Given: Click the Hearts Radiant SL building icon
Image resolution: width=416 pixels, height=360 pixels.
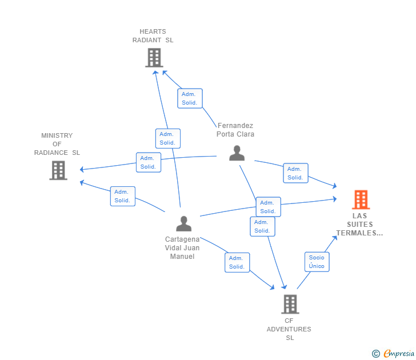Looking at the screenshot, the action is (154, 58).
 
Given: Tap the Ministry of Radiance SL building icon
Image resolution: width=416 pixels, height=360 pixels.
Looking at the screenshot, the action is (58, 170).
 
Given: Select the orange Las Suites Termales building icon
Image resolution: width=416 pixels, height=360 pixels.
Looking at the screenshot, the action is (360, 199).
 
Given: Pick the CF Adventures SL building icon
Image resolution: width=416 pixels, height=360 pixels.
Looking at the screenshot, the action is (290, 304).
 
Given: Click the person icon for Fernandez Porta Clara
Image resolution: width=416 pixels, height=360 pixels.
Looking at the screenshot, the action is (237, 153).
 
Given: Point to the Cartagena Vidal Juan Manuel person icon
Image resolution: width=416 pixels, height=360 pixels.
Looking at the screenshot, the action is (183, 223).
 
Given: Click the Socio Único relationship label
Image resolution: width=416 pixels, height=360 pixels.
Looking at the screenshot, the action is (317, 262).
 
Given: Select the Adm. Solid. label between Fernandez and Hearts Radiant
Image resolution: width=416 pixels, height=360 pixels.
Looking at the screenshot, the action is (190, 99).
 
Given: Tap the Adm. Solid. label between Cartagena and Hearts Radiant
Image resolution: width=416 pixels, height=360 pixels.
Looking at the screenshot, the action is (167, 138).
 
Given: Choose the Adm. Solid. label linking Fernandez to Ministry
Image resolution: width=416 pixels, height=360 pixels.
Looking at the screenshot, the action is (148, 162).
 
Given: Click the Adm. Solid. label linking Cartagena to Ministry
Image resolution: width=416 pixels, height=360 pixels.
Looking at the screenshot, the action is (122, 196).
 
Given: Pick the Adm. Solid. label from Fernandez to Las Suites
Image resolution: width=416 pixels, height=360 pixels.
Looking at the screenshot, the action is (295, 173).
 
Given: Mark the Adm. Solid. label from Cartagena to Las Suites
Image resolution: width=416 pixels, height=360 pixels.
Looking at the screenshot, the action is (268, 207).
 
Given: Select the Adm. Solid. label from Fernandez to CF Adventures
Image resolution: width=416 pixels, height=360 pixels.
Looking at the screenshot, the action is (262, 226).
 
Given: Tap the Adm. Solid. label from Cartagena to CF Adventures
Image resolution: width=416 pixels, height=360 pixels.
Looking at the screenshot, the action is (237, 262).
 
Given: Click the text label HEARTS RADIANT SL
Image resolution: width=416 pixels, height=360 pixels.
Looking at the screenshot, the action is (153, 36).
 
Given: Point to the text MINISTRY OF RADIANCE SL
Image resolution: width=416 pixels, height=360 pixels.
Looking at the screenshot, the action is (57, 144).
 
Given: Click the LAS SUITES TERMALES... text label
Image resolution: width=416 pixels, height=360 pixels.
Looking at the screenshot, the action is (359, 225).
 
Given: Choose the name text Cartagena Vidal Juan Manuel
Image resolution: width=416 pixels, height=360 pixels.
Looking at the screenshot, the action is (182, 248).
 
